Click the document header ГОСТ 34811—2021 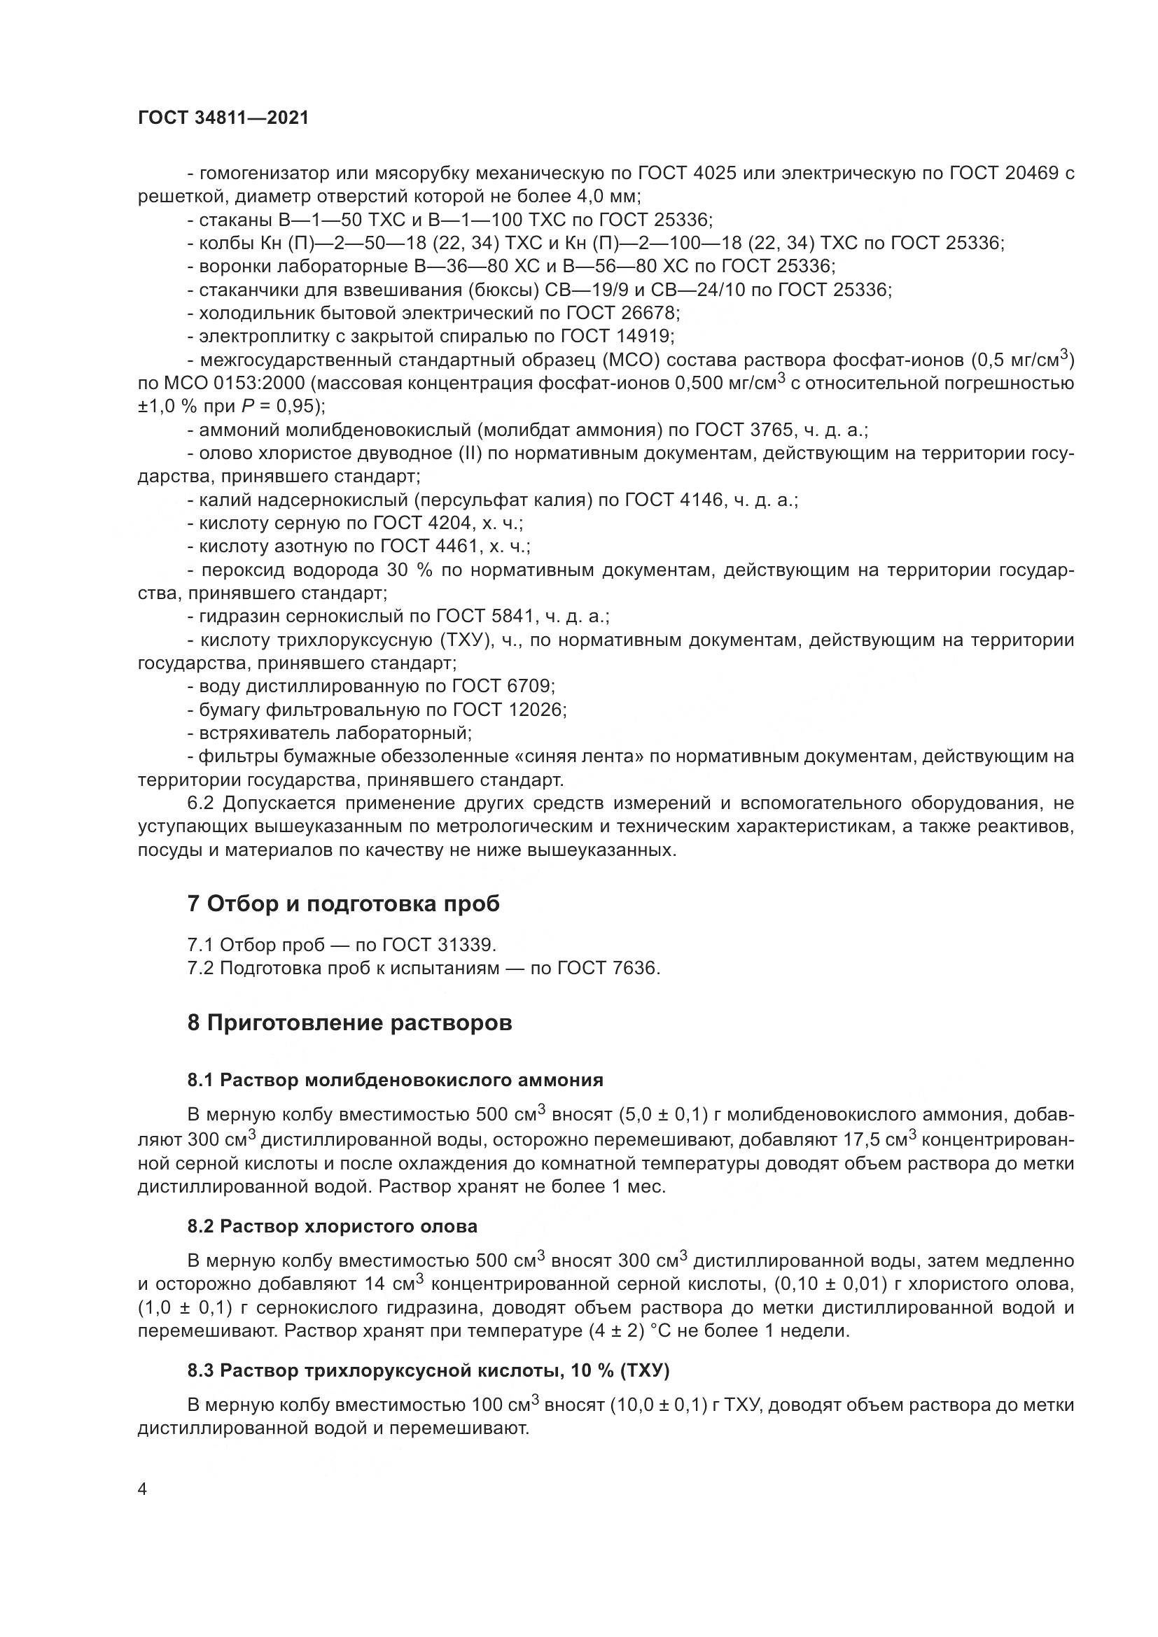(x=223, y=118)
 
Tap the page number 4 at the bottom (x=143, y=1489)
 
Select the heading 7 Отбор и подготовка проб (x=343, y=904)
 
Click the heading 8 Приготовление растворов (x=349, y=1023)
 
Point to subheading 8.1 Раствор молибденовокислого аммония (x=395, y=1079)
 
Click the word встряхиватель (x=263, y=733)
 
